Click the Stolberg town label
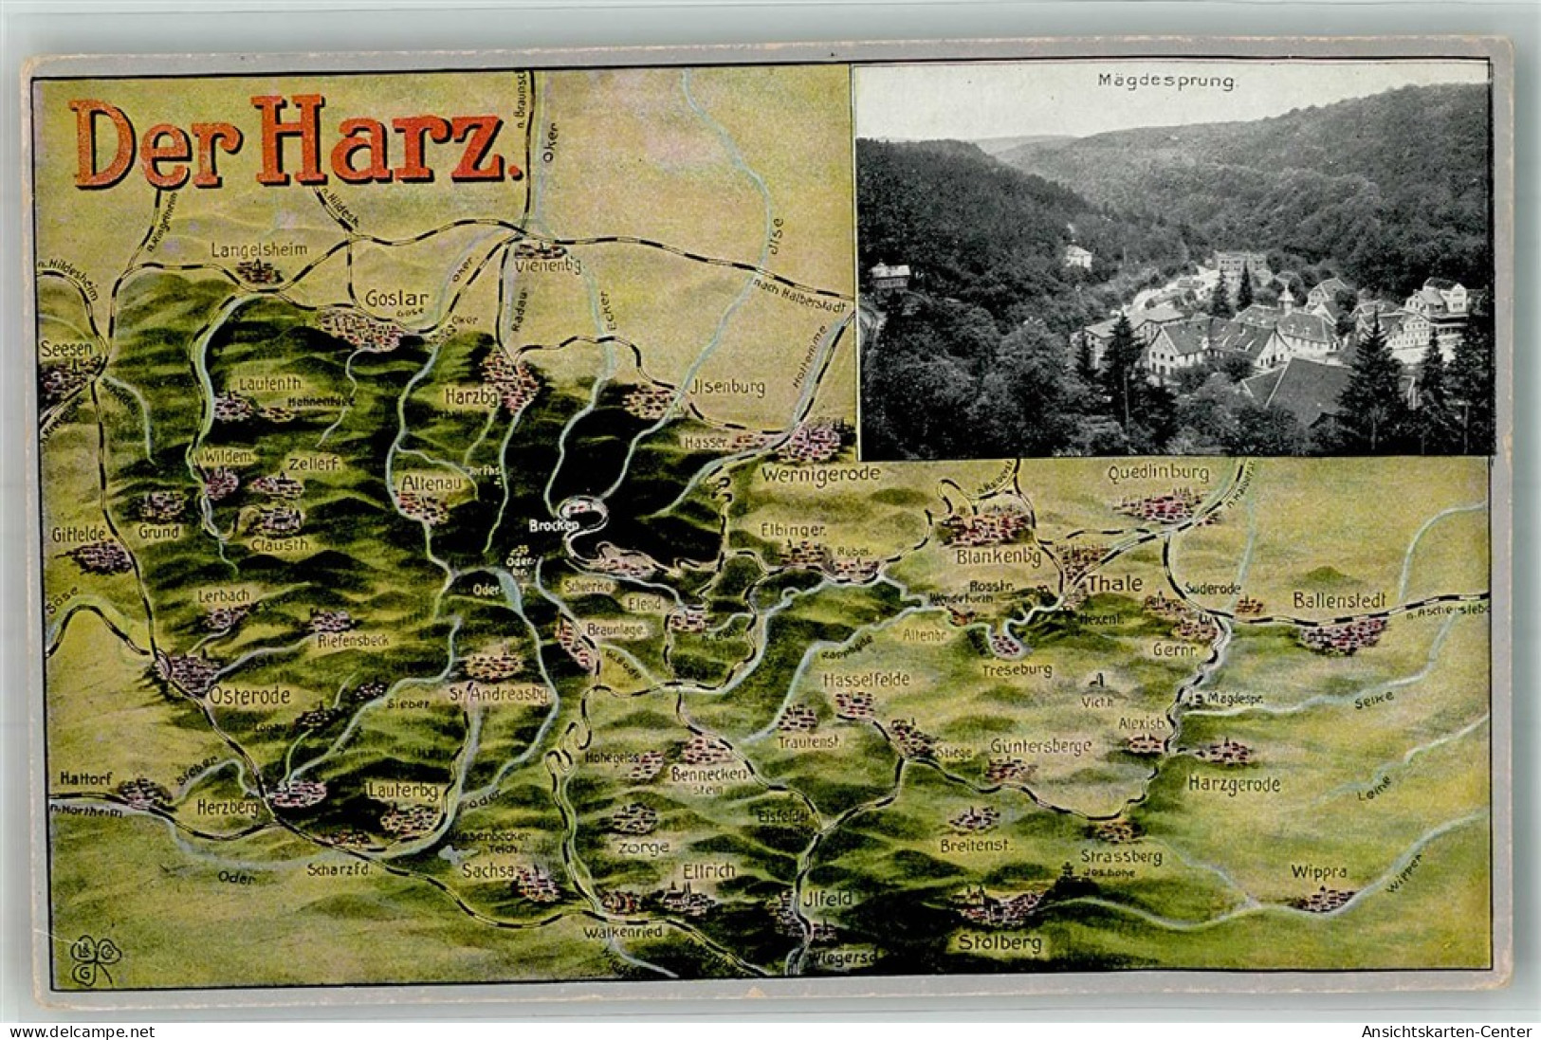pyautogui.click(x=1000, y=942)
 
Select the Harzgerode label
pyautogui.click(x=1234, y=784)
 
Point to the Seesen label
pyautogui.click(x=66, y=349)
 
